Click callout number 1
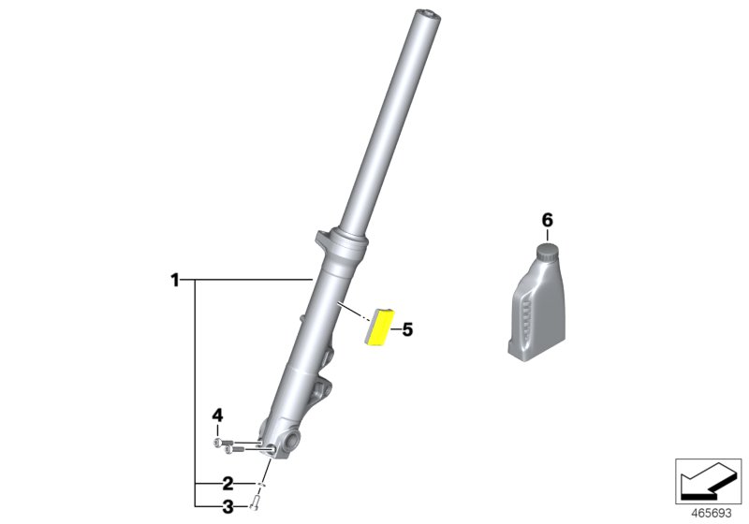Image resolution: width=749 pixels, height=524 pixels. click(x=174, y=279)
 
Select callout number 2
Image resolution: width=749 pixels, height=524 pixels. click(x=228, y=484)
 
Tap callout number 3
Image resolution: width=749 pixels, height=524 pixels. click(x=228, y=507)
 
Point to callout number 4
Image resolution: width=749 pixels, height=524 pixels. click(x=217, y=415)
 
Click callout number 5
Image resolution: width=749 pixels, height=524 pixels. click(x=406, y=329)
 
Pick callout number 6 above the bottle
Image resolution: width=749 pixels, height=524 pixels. click(x=548, y=220)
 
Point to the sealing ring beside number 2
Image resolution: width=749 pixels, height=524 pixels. click(x=263, y=484)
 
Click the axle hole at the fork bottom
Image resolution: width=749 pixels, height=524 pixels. click(x=289, y=438)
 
